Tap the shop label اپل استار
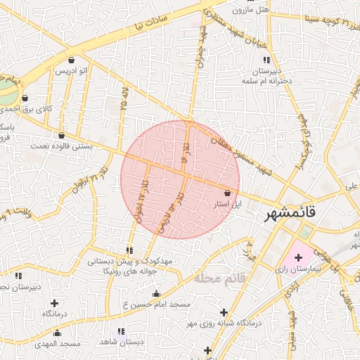(227, 203)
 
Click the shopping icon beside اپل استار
(227, 193)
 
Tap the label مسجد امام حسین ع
(156, 304)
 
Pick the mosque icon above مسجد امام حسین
(156, 294)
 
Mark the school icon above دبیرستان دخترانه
(257, 62)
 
